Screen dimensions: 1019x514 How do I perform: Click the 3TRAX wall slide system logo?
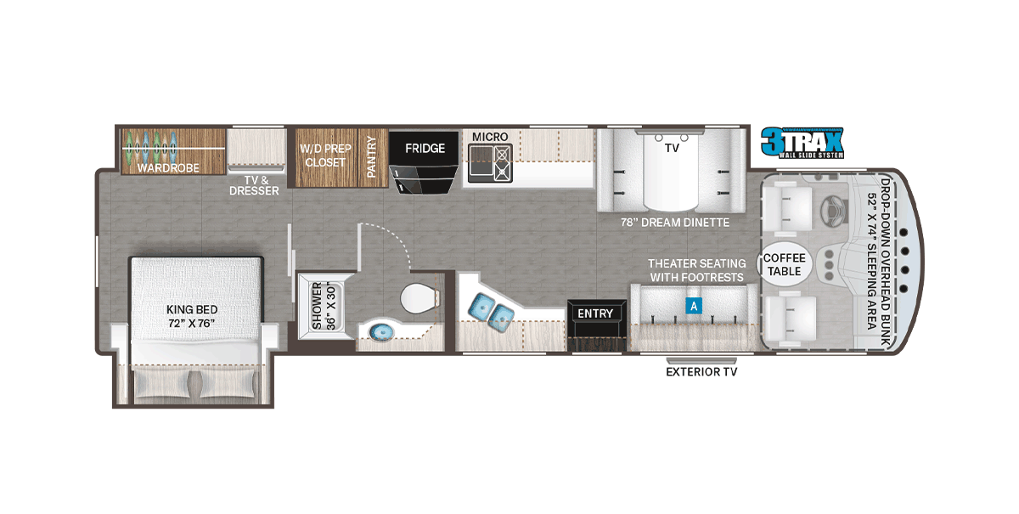[802, 143]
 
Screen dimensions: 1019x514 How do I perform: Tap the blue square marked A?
[694, 306]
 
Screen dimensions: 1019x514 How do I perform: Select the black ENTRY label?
[595, 313]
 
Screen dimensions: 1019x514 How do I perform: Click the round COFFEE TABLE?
[785, 264]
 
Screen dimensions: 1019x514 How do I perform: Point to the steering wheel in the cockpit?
[833, 210]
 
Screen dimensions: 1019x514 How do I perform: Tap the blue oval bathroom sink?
[381, 332]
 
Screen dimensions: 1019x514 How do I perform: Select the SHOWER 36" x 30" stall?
[324, 306]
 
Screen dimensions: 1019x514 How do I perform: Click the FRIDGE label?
[425, 149]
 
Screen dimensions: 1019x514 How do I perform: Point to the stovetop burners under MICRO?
[502, 163]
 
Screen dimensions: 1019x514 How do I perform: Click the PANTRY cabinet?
[373, 157]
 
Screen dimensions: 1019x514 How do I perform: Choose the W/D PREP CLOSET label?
[326, 155]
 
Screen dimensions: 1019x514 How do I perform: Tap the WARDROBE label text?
[168, 168]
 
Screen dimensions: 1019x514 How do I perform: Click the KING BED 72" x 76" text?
[192, 316]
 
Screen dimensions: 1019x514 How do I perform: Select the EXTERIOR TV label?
[701, 372]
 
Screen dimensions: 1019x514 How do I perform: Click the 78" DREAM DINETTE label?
[675, 223]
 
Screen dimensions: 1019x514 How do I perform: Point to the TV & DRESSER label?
[254, 186]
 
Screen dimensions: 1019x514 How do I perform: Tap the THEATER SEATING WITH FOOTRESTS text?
[697, 270]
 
